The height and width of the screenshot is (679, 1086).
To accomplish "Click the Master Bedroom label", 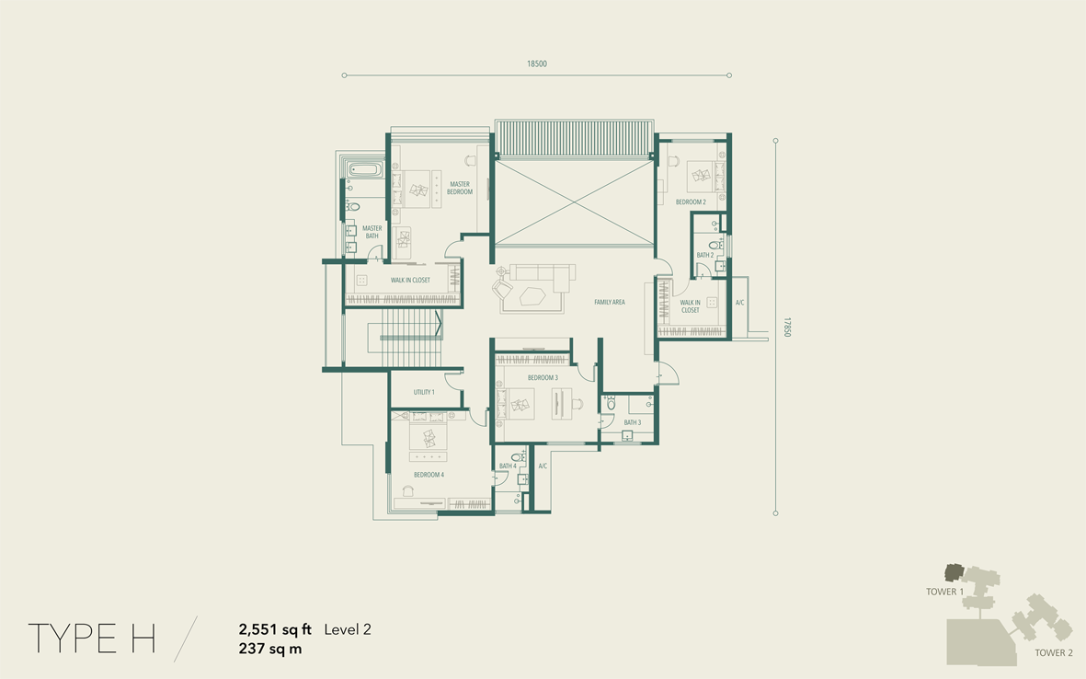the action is (459, 189).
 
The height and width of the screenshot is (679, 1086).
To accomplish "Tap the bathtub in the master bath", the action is (364, 169).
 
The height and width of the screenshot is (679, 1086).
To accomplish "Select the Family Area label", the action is (610, 302).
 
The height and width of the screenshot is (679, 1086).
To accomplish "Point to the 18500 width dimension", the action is (537, 63).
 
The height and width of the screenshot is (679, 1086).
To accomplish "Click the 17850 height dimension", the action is (787, 327).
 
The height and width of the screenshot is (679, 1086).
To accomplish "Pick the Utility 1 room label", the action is (424, 392).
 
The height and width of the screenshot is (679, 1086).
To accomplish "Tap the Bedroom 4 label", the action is (429, 475).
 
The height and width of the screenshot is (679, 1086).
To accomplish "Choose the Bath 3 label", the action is (633, 422).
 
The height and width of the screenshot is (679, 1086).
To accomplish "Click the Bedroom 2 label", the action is (691, 202).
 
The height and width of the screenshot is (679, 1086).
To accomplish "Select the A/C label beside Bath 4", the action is (543, 466).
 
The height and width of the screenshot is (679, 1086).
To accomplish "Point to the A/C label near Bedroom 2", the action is (739, 303).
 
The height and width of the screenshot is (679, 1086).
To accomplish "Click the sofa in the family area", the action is (543, 277).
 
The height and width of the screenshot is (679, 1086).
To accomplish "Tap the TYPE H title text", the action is (91, 639).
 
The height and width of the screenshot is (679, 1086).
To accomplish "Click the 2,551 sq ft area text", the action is (275, 630).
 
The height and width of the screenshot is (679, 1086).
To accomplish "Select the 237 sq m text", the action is (270, 650).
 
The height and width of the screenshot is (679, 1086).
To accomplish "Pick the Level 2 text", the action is (348, 630).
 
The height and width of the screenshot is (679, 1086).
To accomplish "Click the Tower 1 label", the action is (944, 592).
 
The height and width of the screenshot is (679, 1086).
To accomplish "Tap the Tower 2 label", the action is (1054, 652).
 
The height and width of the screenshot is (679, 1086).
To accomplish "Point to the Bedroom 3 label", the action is (543, 377).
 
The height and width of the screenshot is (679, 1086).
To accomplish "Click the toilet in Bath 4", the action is (518, 457).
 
